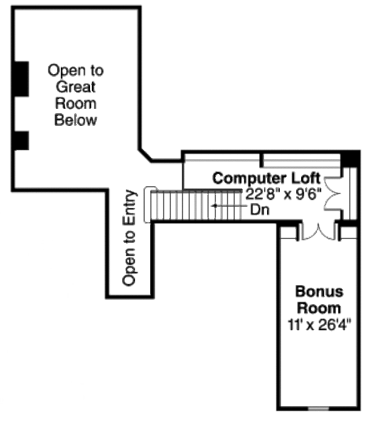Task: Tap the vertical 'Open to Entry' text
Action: click(130, 238)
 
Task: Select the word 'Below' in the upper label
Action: click(76, 120)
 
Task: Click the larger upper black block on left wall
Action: click(21, 78)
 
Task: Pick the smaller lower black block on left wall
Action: click(21, 140)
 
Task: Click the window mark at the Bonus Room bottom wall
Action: click(318, 409)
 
